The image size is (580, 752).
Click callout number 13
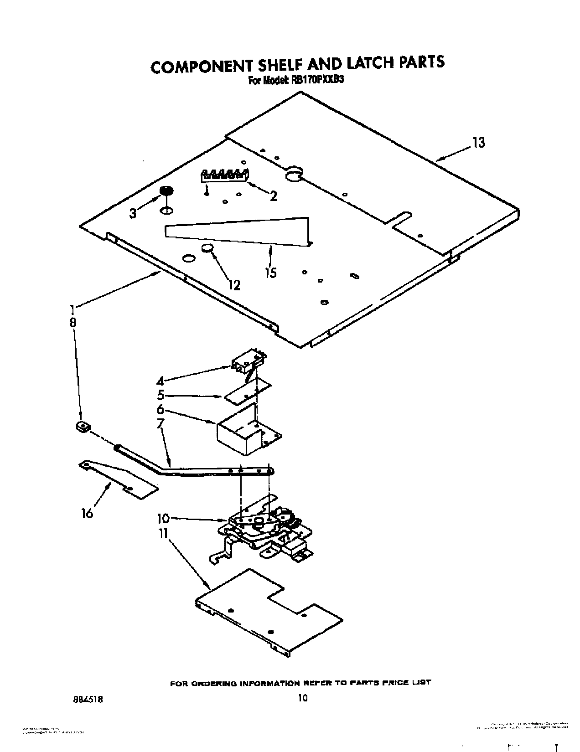pyautogui.click(x=478, y=143)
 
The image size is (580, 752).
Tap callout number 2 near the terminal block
pyautogui.click(x=273, y=196)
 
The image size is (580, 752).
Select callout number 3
pyautogui.click(x=133, y=213)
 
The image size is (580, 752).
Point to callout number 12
pyautogui.click(x=233, y=285)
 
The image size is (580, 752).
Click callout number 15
pyautogui.click(x=271, y=273)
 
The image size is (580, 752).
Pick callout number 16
pyautogui.click(x=87, y=513)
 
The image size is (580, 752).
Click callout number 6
pyautogui.click(x=160, y=409)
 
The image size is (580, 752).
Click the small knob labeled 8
pyautogui.click(x=83, y=427)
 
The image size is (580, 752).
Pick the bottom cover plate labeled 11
pyautogui.click(x=269, y=611)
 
